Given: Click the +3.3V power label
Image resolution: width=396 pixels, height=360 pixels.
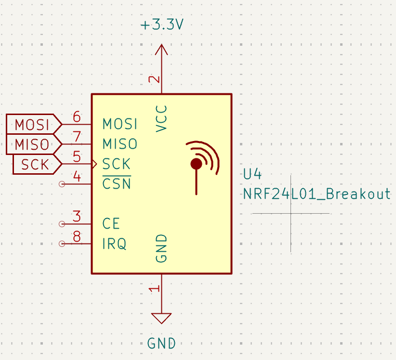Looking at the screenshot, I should pos(161,25).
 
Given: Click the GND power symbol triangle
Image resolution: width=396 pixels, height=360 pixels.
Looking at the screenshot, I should pos(161,318).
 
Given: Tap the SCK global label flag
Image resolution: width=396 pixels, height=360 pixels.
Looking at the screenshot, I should pos(36,164).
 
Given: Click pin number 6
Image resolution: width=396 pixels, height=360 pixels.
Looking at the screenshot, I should pos(77,117).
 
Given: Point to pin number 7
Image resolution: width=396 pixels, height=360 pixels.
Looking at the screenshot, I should pos(77,137).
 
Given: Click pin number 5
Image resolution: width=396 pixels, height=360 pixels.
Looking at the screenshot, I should pos(77,156).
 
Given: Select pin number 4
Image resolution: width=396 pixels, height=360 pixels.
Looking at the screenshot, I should pos(77,177).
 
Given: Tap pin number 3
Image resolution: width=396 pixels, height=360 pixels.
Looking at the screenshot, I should pos(77,217).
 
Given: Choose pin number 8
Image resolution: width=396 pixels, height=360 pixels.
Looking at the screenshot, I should pos(77,236).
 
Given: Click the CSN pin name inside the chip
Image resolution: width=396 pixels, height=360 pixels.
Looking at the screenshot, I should pos(117,184).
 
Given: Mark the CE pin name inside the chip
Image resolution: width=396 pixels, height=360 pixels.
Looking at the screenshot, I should pos(111,224).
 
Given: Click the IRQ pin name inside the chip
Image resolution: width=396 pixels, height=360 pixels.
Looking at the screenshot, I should pos(114,244).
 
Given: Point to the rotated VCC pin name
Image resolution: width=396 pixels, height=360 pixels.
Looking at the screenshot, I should pos(162,118).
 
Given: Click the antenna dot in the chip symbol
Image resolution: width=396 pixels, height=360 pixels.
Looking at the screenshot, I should pos(196,164).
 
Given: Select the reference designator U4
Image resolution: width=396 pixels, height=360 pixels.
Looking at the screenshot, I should pos(253,174).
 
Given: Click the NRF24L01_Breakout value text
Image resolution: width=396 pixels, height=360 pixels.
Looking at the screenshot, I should pos(317,194).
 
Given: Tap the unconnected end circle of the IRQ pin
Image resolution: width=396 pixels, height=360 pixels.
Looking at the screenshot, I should pos(61,244).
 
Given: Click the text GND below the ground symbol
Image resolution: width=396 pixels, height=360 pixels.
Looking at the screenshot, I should pos(161,344).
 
